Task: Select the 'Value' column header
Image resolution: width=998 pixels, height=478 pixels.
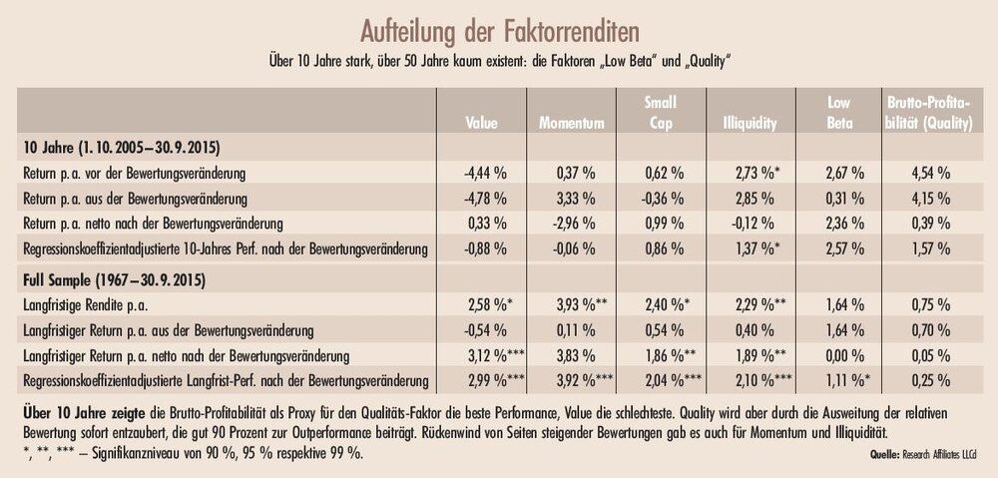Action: pos(483,124)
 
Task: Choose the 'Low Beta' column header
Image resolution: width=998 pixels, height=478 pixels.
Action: pos(836,114)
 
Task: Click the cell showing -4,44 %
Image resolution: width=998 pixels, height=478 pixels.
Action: pos(485,172)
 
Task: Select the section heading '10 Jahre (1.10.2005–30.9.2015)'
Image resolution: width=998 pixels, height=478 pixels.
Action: pos(117,149)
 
